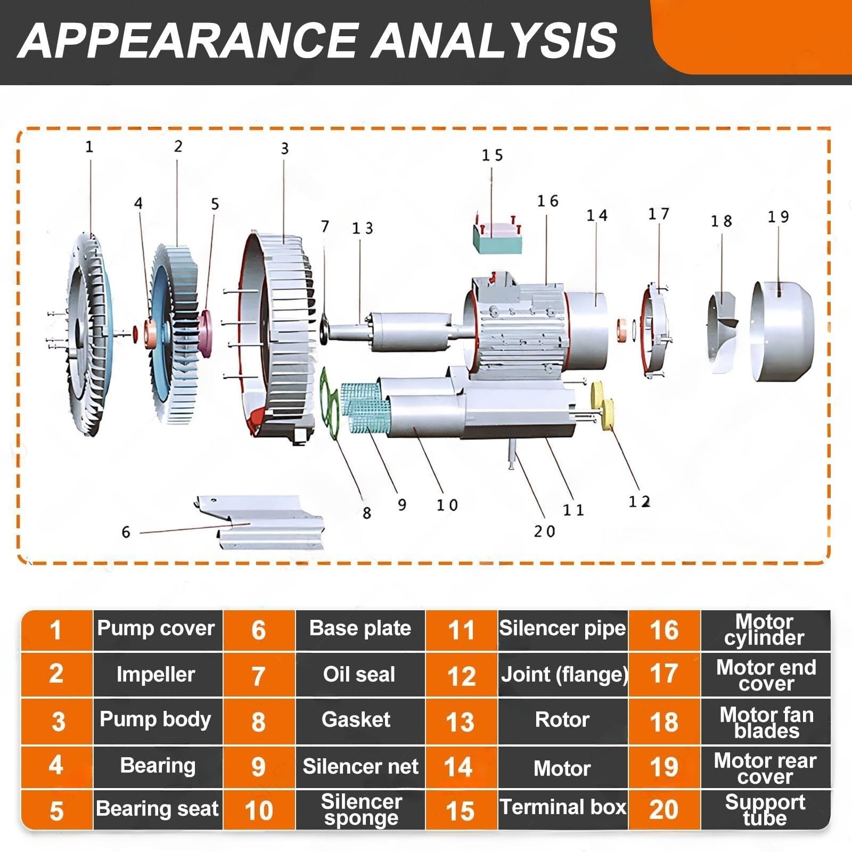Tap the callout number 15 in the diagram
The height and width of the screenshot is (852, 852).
click(x=492, y=155)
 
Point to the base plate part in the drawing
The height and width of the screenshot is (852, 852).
click(x=259, y=522)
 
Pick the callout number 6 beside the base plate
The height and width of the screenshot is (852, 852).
click(x=126, y=532)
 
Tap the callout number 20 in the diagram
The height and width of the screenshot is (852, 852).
click(x=544, y=531)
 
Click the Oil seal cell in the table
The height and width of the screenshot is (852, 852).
click(x=360, y=675)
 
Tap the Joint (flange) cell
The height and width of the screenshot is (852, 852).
click(x=563, y=675)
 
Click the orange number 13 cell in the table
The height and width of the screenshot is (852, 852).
click(x=461, y=722)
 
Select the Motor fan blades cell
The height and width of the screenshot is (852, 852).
click(x=766, y=722)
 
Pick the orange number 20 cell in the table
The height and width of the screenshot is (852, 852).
click(x=664, y=810)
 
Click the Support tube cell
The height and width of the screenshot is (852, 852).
click(x=766, y=810)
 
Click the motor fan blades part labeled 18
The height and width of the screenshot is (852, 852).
click(x=723, y=332)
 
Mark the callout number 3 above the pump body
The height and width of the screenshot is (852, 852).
click(x=285, y=149)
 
